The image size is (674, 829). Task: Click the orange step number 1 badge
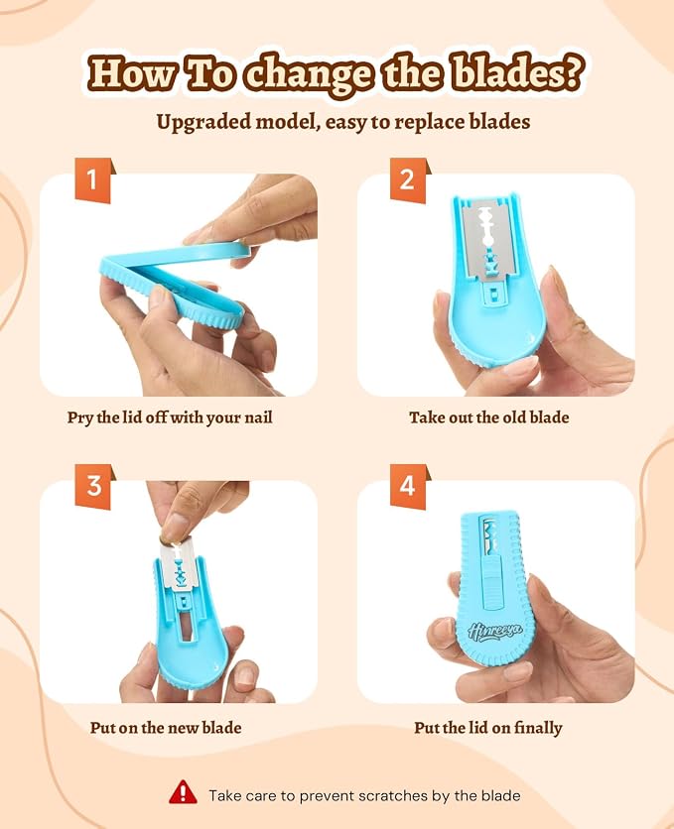(93, 179)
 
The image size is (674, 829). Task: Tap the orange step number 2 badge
(407, 179)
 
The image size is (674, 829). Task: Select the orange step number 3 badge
(93, 486)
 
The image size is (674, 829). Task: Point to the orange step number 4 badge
(407, 486)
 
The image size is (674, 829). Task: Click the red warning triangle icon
(183, 792)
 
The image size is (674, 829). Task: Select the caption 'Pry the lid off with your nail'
(170, 417)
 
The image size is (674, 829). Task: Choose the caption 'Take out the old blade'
(489, 417)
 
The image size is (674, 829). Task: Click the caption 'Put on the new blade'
(166, 728)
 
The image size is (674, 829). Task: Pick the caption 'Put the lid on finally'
(487, 728)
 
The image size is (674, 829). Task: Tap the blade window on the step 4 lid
(489, 534)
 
